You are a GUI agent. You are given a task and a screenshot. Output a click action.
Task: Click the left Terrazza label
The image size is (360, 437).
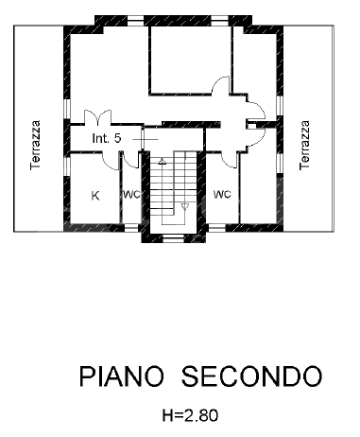(36, 143)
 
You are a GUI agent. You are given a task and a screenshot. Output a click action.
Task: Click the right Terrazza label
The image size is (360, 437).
(304, 143)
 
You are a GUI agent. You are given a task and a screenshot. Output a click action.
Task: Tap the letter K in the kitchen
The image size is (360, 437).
(95, 196)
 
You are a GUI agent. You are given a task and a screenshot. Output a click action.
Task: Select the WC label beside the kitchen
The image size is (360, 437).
(130, 196)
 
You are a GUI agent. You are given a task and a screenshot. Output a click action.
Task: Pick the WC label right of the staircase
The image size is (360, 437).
(222, 195)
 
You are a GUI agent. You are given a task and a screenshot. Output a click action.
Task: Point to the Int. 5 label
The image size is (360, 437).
(106, 138)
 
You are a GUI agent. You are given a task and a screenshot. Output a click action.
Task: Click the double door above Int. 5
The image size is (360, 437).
(97, 119)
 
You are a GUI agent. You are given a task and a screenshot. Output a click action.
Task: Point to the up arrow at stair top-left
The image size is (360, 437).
(162, 163)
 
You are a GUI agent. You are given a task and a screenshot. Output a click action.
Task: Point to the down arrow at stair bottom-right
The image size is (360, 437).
(185, 205)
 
